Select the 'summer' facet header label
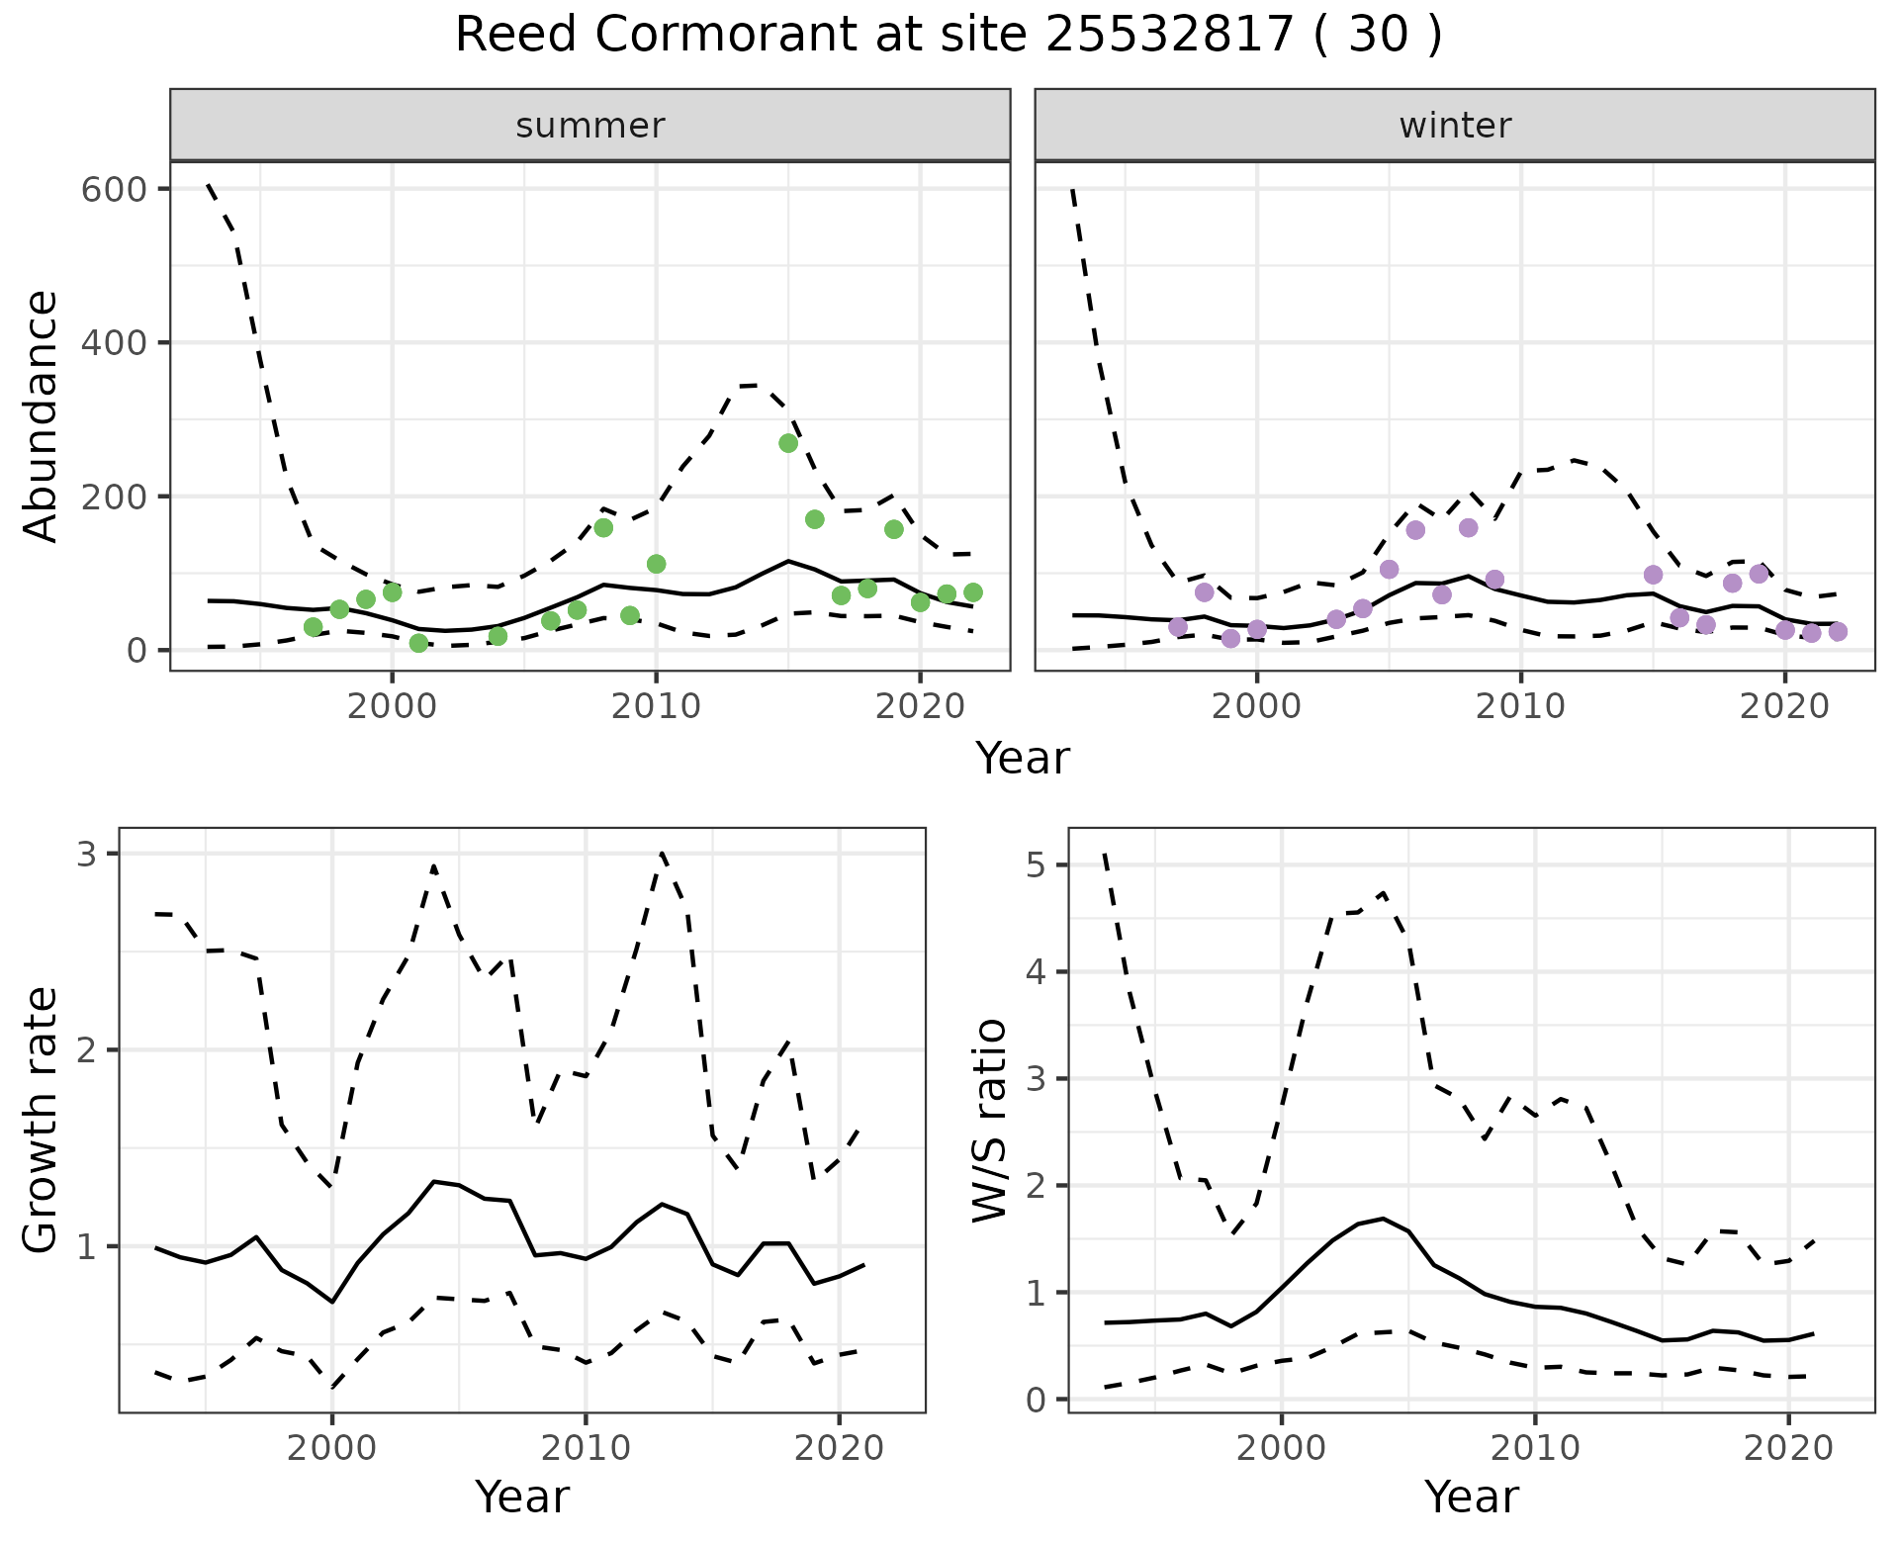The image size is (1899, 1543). point(590,126)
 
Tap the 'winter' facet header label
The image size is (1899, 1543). point(1455,126)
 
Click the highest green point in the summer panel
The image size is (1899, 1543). point(788,443)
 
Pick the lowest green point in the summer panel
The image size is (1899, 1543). point(418,643)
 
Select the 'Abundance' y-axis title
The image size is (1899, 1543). point(42,415)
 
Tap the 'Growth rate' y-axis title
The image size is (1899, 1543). point(42,1120)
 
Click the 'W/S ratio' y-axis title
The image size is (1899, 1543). point(989,1120)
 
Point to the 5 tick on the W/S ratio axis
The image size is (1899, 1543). point(1035,865)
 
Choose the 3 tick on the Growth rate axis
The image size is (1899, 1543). point(86,854)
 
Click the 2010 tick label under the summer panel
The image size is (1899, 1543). point(656,706)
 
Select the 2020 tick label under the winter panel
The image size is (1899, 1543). point(1785,706)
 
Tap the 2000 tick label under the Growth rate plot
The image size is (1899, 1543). point(332,1448)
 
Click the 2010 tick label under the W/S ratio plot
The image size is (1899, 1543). point(1535,1448)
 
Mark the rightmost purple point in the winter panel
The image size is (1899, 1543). point(1838,632)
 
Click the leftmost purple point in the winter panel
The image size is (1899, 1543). point(1178,627)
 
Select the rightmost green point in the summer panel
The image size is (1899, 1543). point(973,592)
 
